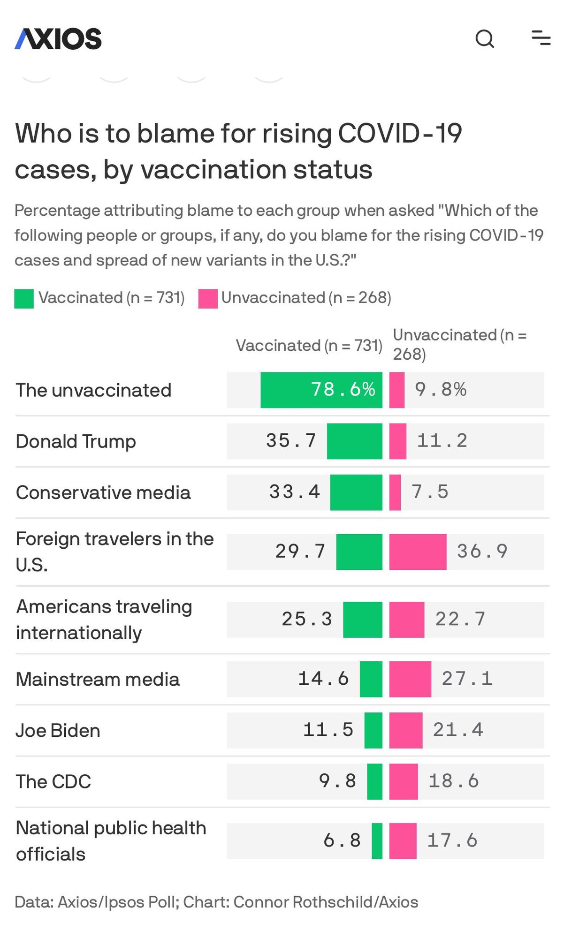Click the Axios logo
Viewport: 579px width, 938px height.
tap(58, 38)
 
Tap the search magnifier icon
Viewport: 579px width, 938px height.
tap(485, 38)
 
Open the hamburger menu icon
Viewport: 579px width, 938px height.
tap(541, 38)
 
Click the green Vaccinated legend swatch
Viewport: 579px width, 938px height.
tap(24, 299)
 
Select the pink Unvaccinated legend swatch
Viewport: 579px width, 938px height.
tap(208, 299)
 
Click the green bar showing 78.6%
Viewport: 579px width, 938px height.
tap(321, 390)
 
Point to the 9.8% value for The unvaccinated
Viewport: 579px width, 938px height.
tap(441, 390)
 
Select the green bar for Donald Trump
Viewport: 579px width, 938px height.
tap(355, 441)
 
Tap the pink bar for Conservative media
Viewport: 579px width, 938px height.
tap(395, 492)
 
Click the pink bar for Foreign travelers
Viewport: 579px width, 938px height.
tap(418, 552)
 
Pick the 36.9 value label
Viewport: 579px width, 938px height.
tap(482, 552)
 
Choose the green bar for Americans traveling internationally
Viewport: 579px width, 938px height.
tap(363, 620)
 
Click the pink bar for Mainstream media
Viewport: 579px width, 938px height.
tap(410, 679)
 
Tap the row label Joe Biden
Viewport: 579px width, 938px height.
tap(58, 731)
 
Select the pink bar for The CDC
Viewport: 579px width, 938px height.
tap(404, 781)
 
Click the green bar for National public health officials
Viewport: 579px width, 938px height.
tap(377, 841)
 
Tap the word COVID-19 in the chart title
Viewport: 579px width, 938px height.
tap(400, 134)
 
